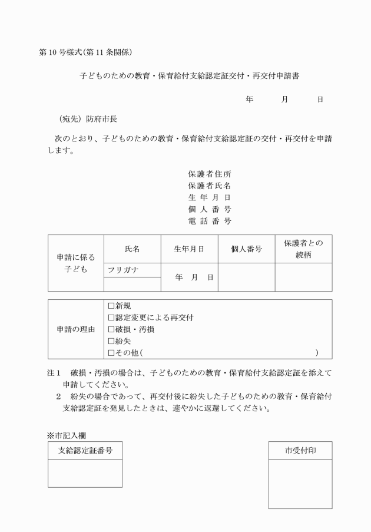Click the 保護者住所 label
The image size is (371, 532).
pyautogui.click(x=209, y=174)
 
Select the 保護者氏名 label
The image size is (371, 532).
pyautogui.click(x=209, y=186)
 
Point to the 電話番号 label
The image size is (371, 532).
pyautogui.click(x=209, y=222)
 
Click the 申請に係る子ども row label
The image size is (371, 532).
pyautogui.click(x=75, y=263)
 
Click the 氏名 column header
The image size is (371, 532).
pyautogui.click(x=132, y=249)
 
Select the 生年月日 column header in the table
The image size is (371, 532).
pyautogui.click(x=188, y=249)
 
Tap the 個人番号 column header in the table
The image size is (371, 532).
pyautogui.click(x=246, y=249)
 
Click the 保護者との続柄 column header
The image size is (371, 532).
pyautogui.click(x=303, y=249)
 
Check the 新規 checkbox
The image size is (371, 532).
pyautogui.click(x=111, y=306)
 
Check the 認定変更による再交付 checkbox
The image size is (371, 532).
pyautogui.click(x=111, y=318)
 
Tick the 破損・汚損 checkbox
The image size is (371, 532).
pyautogui.click(x=111, y=329)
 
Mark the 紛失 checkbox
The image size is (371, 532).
pyautogui.click(x=111, y=341)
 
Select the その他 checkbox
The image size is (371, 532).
pyautogui.click(x=111, y=353)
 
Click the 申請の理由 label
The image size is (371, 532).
pyautogui.click(x=75, y=329)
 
